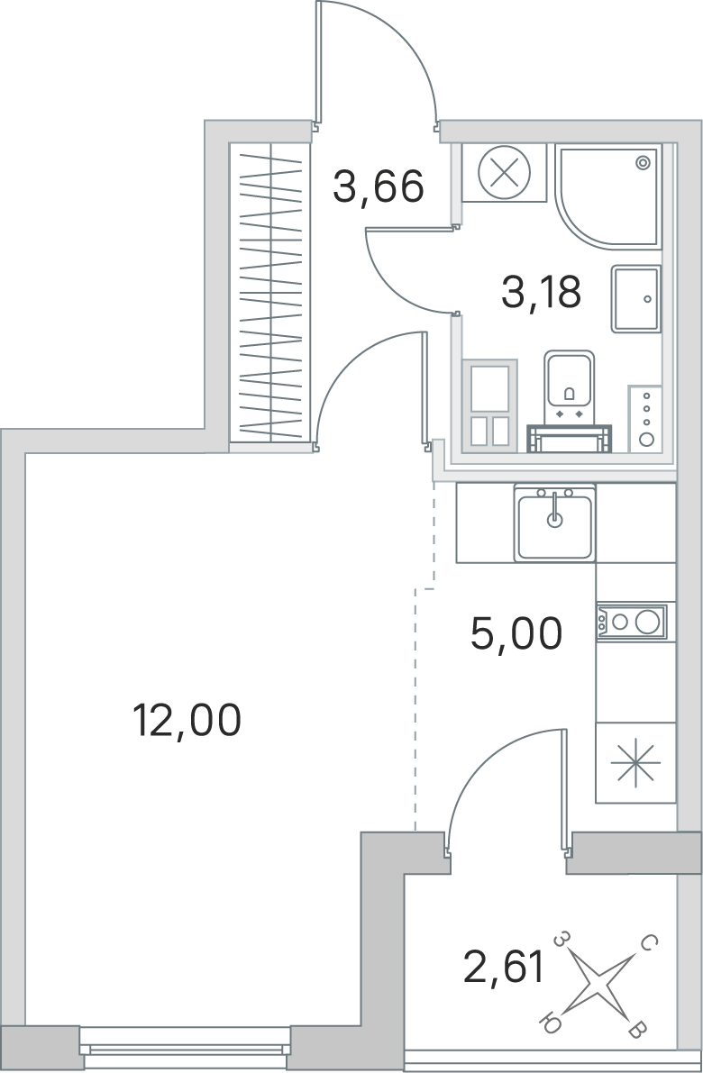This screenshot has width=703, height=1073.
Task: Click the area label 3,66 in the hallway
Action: (378, 186)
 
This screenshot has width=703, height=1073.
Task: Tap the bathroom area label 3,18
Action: (541, 291)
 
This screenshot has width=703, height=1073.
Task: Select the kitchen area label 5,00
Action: (516, 633)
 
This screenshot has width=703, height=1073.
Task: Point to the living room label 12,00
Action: (187, 720)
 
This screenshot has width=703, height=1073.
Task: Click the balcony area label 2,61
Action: (504, 968)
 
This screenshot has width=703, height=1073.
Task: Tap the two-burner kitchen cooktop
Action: (631, 622)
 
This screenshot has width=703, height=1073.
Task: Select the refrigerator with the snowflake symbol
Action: (635, 762)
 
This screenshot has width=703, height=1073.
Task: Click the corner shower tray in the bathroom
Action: (607, 196)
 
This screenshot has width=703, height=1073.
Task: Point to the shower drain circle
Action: (643, 163)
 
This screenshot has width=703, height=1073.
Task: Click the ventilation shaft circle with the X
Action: (505, 172)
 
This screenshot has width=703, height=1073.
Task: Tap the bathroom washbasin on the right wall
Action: (636, 299)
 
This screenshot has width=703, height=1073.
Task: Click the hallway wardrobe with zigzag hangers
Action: (270, 292)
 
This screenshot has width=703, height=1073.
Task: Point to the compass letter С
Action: (649, 943)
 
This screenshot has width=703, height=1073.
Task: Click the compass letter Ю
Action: (550, 1023)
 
